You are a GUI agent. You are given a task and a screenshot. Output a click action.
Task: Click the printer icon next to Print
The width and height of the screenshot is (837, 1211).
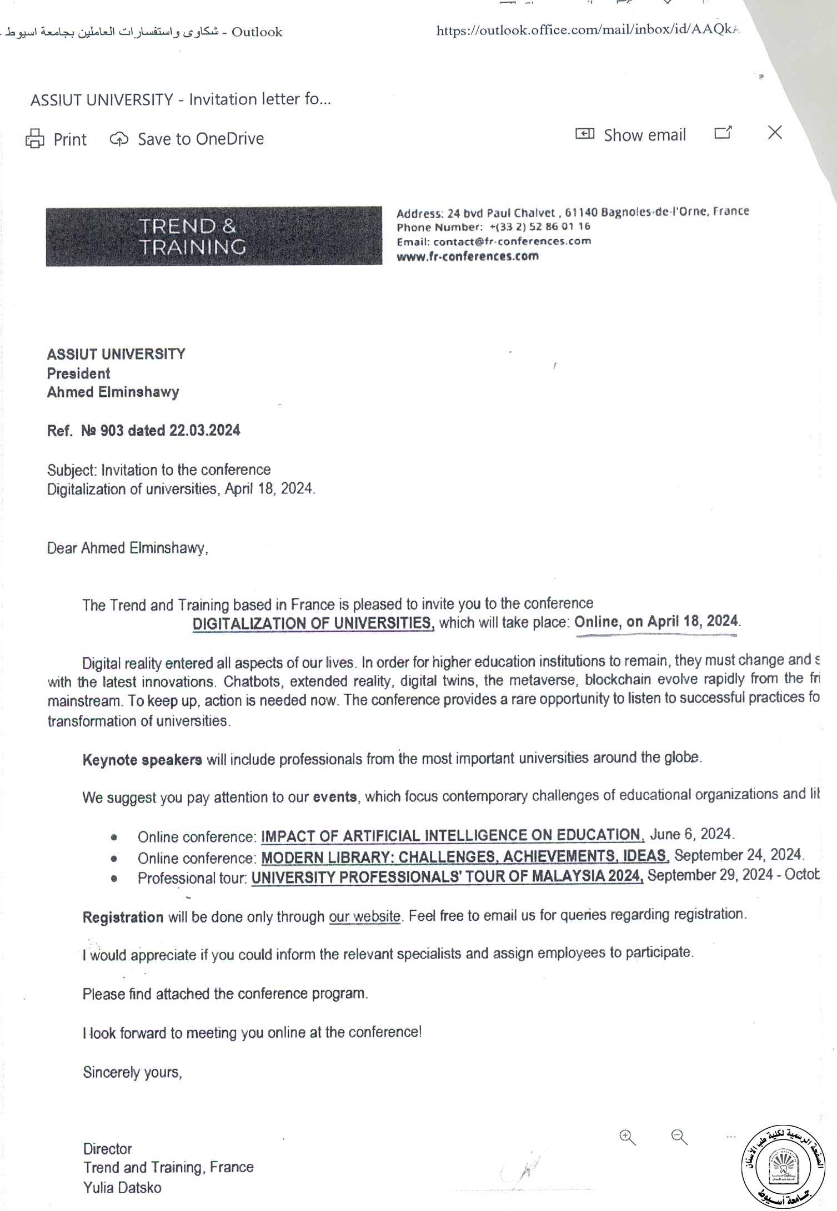[x=34, y=139]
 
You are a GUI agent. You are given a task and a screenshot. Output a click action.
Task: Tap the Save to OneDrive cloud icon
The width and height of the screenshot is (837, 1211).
[x=119, y=139]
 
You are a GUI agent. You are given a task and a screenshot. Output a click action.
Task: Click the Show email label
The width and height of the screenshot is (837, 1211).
[x=644, y=135]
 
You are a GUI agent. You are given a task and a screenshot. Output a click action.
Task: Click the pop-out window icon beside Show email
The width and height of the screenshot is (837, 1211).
[x=723, y=133]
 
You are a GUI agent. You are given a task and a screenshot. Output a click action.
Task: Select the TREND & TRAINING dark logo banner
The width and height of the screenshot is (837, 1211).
[x=214, y=236]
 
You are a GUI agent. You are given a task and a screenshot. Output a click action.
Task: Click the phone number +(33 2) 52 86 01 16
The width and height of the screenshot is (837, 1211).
[x=540, y=226]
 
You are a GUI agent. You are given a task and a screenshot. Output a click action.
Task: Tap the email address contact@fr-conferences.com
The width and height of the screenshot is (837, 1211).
[x=512, y=241]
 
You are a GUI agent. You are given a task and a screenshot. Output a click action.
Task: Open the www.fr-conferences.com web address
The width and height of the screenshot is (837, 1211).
[x=468, y=256]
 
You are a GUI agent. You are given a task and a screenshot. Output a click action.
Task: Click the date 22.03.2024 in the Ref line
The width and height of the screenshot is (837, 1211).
[x=204, y=431]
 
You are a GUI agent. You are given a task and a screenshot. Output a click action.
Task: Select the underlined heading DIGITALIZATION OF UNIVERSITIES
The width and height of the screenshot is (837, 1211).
[x=313, y=623]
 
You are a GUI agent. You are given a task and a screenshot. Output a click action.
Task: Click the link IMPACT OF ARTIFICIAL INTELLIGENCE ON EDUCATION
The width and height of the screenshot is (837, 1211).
[x=452, y=835]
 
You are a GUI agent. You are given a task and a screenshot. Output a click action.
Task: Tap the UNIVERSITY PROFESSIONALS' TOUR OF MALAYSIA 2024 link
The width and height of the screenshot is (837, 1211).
[x=447, y=877]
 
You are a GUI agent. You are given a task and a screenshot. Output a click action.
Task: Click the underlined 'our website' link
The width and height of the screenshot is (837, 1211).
[x=364, y=916]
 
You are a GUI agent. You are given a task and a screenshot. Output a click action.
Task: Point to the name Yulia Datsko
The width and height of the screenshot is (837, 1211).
[x=122, y=1188]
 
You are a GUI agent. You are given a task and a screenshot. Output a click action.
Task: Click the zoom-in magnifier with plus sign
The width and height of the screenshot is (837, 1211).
[x=627, y=1137]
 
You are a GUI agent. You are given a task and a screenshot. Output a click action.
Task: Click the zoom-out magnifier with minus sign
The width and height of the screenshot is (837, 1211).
[x=679, y=1137]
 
